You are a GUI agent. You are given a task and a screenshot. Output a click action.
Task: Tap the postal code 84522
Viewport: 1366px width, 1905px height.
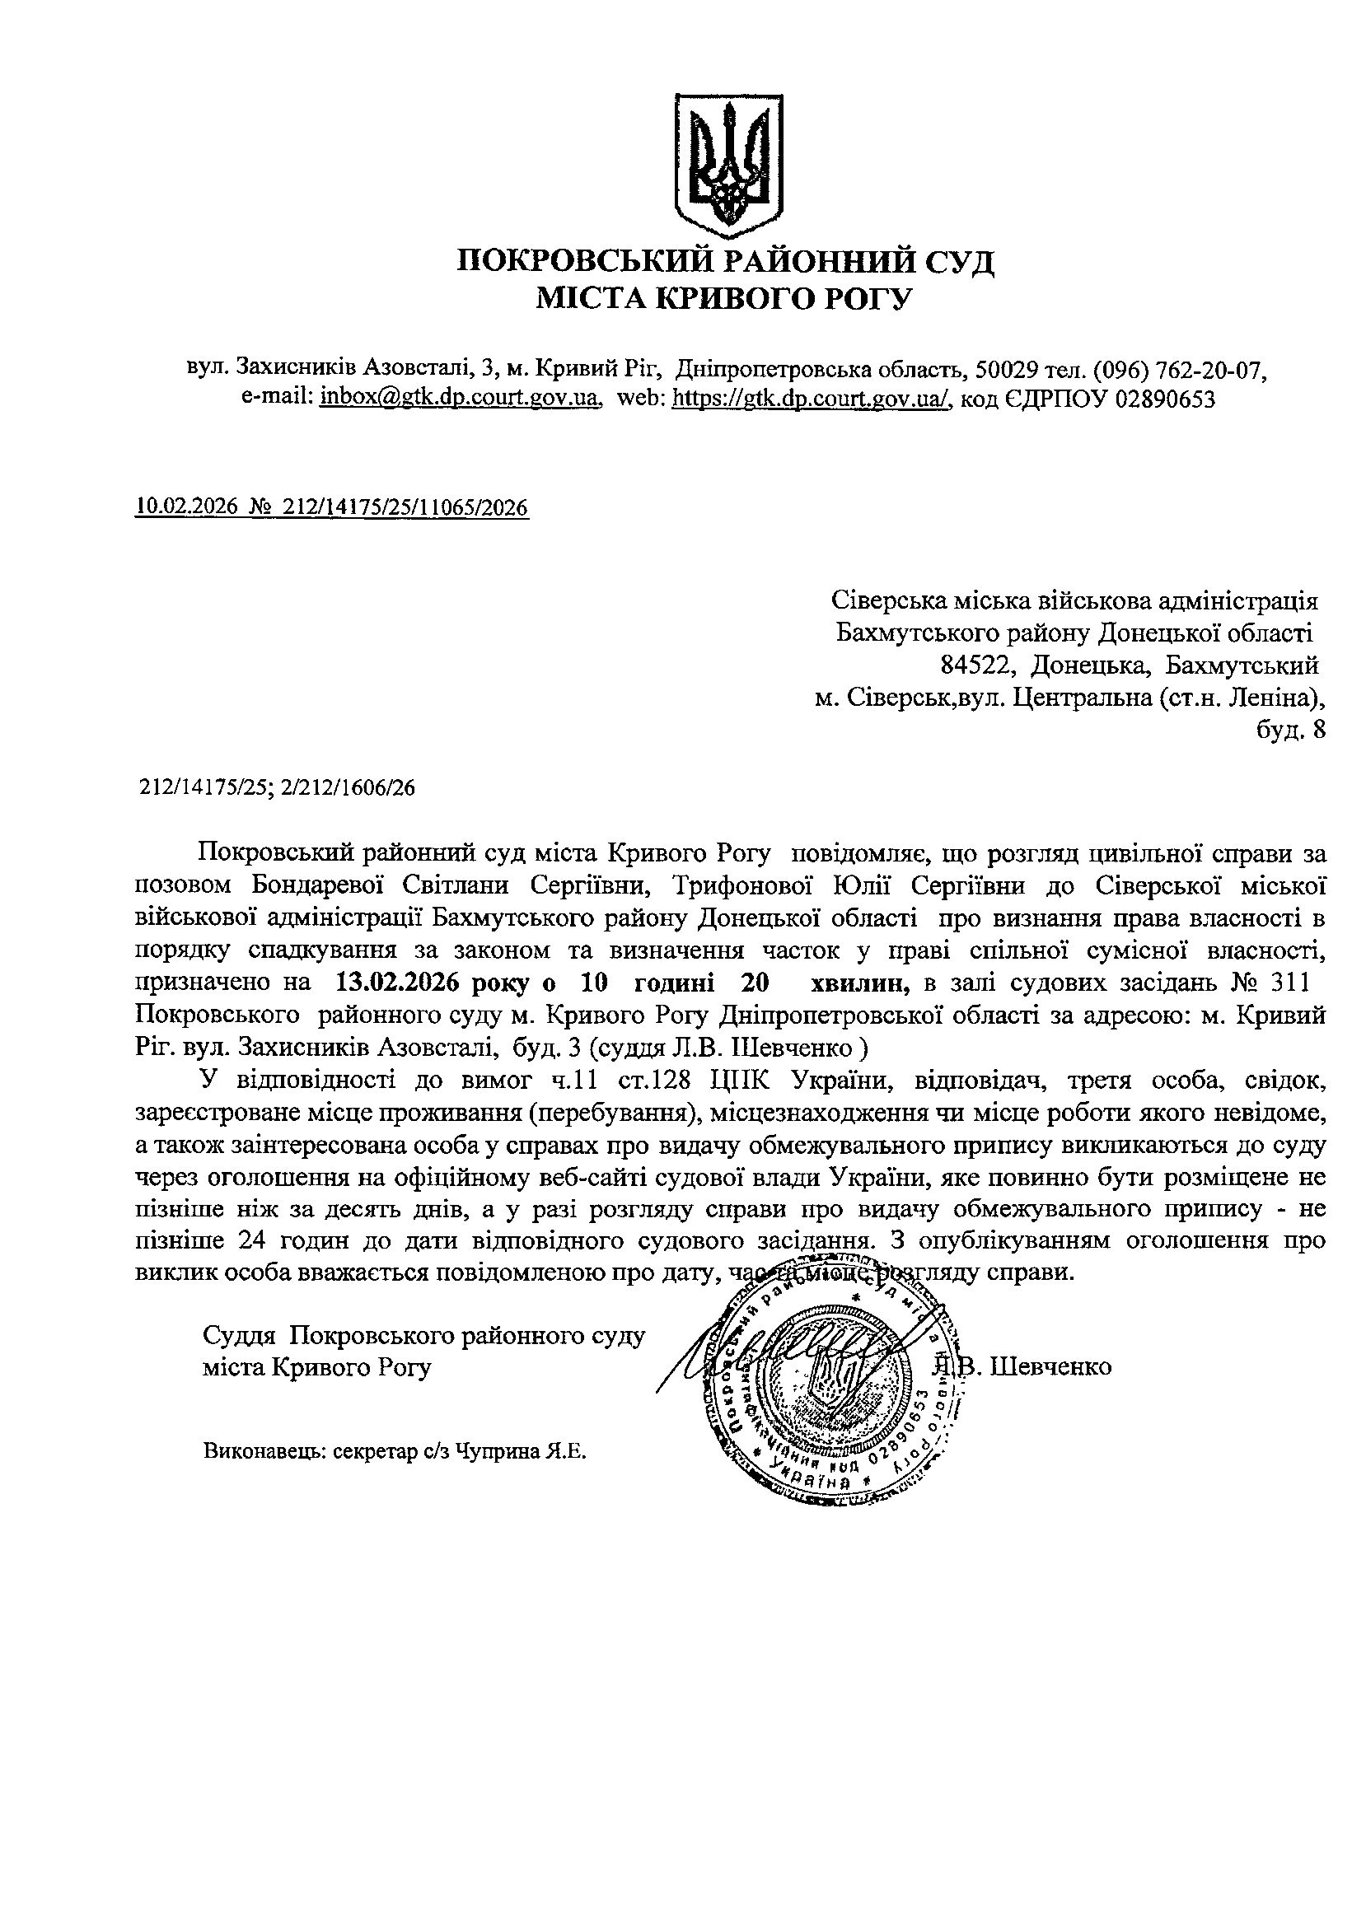tap(975, 666)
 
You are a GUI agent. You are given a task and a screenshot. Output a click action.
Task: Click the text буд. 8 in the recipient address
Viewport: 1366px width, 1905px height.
tap(1290, 730)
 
